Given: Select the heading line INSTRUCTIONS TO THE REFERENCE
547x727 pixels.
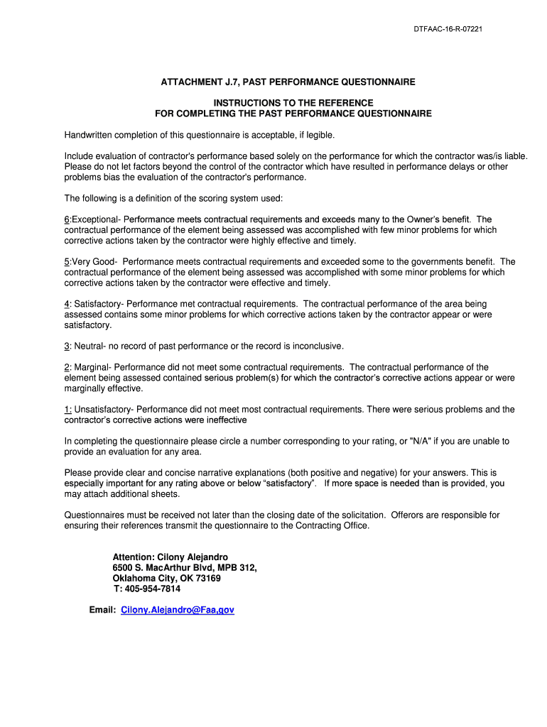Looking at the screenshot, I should tap(293, 103).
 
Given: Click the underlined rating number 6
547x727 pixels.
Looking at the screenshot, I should tap(67, 219).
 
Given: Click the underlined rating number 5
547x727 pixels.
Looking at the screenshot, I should tap(67, 262).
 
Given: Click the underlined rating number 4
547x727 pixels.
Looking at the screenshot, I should tap(67, 304).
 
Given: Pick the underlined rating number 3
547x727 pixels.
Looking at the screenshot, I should tap(67, 346).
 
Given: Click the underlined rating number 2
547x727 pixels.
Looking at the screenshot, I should tap(67, 367).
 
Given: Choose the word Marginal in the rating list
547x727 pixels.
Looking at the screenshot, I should tap(91, 367).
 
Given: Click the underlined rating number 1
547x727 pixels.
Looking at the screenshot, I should tap(67, 410).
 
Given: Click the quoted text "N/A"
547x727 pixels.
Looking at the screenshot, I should tap(421, 441).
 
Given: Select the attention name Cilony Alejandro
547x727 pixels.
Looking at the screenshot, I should tap(197, 557).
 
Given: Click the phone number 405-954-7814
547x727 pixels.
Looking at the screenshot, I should tap(153, 589).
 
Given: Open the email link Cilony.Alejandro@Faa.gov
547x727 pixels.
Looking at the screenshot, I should tap(178, 610).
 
